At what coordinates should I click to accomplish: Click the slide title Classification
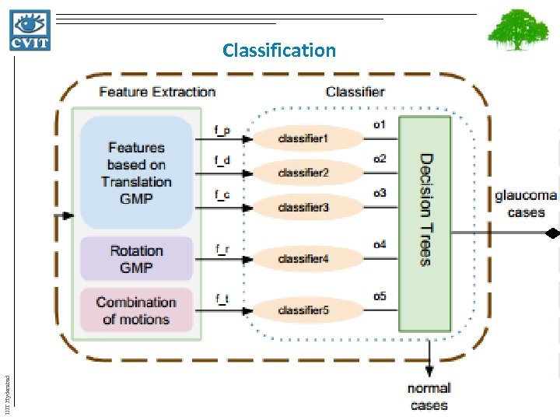[278, 51]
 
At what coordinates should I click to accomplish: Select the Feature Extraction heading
[157, 92]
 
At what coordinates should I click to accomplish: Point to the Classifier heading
[355, 92]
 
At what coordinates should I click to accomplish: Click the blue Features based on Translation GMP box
[136, 173]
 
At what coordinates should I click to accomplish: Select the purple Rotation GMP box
[136, 259]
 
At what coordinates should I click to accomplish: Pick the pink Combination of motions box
[136, 310]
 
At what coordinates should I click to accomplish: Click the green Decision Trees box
[425, 224]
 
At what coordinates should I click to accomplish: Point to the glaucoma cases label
[526, 203]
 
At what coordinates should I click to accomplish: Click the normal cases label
[429, 396]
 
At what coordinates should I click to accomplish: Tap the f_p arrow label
[222, 130]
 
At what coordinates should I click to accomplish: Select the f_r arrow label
[222, 248]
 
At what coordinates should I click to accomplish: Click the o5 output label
[380, 296]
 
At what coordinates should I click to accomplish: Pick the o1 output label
[380, 124]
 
